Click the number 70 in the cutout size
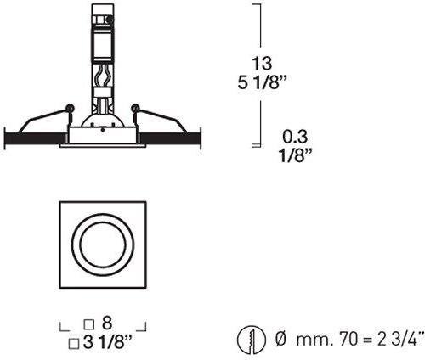point(337,340)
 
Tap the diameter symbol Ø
point(280,340)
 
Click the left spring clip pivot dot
point(69,107)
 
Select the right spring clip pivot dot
point(134,107)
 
